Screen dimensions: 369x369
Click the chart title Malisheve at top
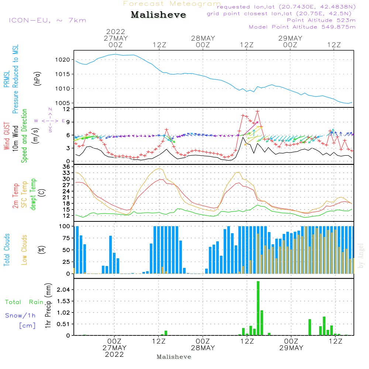(x=158, y=15)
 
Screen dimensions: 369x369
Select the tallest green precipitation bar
(x=258, y=308)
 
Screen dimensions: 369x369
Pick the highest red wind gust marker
(x=257, y=111)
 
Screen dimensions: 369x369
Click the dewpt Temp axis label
(x=33, y=194)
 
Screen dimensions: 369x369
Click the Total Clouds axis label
(x=7, y=250)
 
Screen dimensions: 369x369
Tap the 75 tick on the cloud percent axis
(x=65, y=238)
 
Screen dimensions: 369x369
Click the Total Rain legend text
(x=24, y=302)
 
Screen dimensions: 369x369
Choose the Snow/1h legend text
(x=20, y=315)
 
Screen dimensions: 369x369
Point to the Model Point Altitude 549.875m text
(x=302, y=27)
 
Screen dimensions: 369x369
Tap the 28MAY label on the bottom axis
(x=203, y=348)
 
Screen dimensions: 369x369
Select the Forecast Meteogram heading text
(x=172, y=4)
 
